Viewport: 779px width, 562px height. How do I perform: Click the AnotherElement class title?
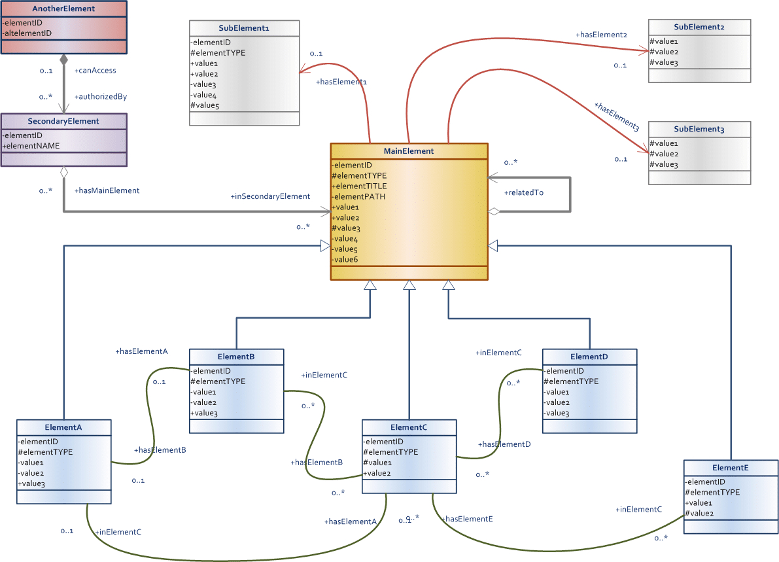(x=63, y=9)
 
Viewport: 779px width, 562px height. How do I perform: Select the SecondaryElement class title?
(x=63, y=121)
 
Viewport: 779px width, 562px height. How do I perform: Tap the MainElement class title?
(x=408, y=151)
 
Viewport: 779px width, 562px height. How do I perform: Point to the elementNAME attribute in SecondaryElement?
(x=31, y=146)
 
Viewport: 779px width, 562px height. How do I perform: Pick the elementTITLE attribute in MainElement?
(x=359, y=186)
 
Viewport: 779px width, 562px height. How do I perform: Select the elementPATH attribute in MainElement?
(x=358, y=197)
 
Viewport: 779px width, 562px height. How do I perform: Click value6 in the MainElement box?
(x=345, y=259)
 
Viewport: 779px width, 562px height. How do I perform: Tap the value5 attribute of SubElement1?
(x=205, y=105)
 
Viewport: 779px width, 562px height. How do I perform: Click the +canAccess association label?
(x=95, y=71)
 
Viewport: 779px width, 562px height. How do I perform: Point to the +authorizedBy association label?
(x=101, y=96)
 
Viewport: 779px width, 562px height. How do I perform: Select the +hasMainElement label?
(x=107, y=190)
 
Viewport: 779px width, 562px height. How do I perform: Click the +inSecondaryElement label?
(x=270, y=196)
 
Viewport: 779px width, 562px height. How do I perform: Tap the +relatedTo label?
(x=524, y=192)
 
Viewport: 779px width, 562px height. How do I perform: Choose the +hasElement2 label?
(x=602, y=35)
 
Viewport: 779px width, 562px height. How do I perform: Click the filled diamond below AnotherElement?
(x=63, y=60)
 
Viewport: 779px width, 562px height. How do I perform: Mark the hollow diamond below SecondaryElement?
(x=63, y=173)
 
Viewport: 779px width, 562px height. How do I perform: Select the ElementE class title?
(x=731, y=468)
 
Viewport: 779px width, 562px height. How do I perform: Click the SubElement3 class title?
(x=699, y=129)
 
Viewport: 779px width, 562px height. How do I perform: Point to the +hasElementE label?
(x=467, y=519)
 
